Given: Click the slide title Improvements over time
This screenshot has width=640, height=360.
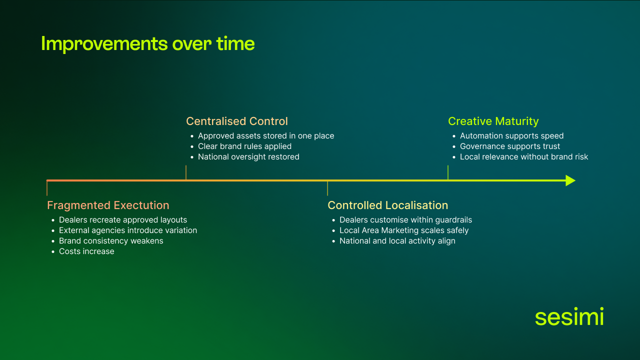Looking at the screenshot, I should tap(147, 44).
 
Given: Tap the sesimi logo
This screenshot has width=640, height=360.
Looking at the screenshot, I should tap(569, 317).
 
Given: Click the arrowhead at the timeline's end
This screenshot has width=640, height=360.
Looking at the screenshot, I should tap(570, 180).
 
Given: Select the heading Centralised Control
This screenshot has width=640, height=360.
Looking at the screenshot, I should tap(236, 121).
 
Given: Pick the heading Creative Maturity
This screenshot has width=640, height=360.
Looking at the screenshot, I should tap(493, 121).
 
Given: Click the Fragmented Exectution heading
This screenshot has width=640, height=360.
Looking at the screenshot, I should tap(108, 205).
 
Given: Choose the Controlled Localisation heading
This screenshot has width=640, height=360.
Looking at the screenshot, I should tap(387, 205).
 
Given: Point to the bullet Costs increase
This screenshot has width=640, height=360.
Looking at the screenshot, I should tap(86, 251).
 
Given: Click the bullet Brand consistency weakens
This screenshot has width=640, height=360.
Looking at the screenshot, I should tap(111, 241).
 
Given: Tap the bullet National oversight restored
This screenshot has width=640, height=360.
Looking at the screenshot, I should tap(248, 157).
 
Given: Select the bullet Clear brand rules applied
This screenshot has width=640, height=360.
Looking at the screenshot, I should tap(244, 146).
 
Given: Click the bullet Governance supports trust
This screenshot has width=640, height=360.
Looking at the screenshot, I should tap(510, 146).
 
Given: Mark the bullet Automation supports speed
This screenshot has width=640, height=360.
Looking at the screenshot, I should tap(511, 136).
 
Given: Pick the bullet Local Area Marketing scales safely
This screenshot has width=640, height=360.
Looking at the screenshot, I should tap(404, 230).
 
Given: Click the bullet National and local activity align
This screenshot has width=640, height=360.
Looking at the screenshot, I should tap(397, 241).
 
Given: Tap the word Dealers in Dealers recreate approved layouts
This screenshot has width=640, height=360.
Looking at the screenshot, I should tap(73, 220).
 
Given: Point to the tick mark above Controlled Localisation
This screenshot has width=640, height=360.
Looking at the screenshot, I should tap(327, 188).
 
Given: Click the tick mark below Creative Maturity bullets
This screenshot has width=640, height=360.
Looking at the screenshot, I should tap(448, 172).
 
